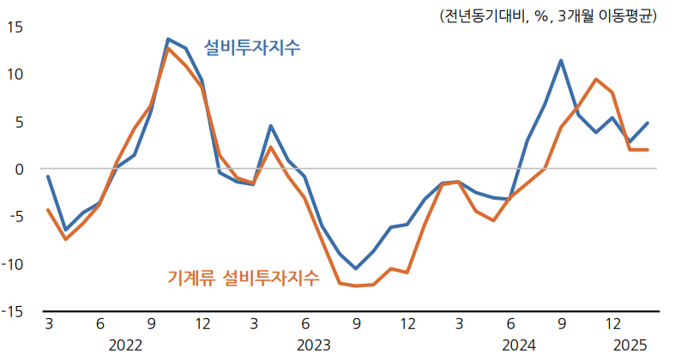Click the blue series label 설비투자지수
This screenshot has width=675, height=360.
pos(252,48)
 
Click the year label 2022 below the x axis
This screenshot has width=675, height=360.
pos(125,345)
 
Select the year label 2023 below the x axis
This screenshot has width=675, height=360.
pos(313,345)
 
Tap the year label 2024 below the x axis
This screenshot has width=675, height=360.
pos(518,345)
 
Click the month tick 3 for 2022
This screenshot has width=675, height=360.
pos(48,325)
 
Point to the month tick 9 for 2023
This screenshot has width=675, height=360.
pos(356,325)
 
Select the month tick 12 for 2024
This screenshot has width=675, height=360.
pos(613,325)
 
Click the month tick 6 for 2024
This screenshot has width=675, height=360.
pos(510,325)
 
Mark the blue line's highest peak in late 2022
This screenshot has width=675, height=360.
pos(168,39)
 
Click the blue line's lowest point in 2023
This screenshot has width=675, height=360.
pos(356,268)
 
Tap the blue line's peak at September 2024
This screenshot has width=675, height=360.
pos(561,60)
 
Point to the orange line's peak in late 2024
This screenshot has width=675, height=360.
pos(595,79)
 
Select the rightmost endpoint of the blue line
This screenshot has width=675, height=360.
pos(648,123)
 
